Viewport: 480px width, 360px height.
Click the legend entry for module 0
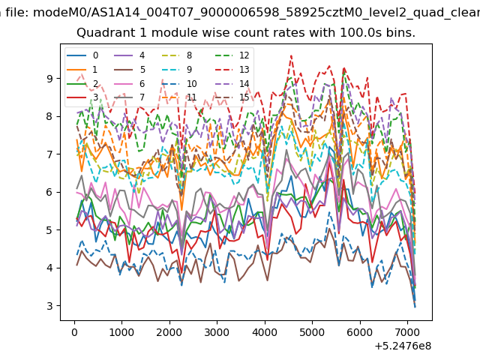point(82,55)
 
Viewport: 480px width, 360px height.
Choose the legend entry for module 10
point(179,83)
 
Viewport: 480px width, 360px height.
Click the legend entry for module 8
point(177,55)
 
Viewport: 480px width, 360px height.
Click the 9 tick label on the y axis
point(49,79)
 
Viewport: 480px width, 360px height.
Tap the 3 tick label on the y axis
point(49,306)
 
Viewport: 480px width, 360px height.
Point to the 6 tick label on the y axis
point(49,192)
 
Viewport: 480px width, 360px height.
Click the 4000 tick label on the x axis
point(265,332)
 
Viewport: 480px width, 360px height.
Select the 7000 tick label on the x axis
point(407,332)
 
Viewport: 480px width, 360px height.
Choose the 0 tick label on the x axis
point(74,332)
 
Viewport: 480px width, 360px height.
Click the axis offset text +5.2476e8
point(403,346)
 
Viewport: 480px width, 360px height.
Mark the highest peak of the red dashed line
point(291,55)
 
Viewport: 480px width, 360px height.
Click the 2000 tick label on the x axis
point(169,332)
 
